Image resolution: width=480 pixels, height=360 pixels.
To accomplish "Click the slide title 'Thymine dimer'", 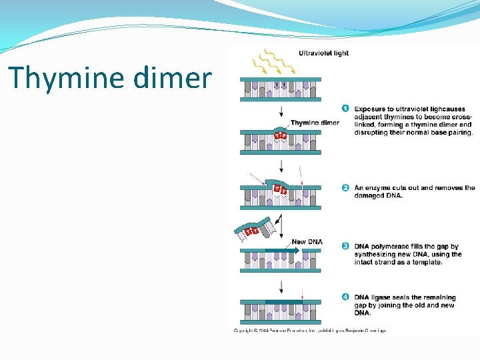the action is (110, 78).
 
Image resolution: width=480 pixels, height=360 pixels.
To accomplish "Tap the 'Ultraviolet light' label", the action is (323, 53).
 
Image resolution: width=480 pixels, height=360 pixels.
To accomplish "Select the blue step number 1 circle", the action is (345, 108).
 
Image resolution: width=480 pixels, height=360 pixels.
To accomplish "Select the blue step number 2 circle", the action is (345, 187).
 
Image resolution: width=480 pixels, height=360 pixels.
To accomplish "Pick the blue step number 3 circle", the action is (345, 246).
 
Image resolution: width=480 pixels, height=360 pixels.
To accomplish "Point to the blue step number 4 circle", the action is (345, 297).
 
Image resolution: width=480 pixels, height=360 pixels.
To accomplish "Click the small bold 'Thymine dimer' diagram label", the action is (315, 123).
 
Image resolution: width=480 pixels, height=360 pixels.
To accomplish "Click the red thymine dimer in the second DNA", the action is (281, 135).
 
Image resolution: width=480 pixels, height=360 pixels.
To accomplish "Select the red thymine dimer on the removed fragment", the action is (251, 231).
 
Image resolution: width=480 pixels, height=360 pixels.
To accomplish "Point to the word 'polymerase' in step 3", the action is (391, 247).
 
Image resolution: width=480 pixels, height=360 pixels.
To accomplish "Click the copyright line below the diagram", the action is (309, 330).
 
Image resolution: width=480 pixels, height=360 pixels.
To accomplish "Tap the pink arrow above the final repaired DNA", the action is (303, 291).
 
